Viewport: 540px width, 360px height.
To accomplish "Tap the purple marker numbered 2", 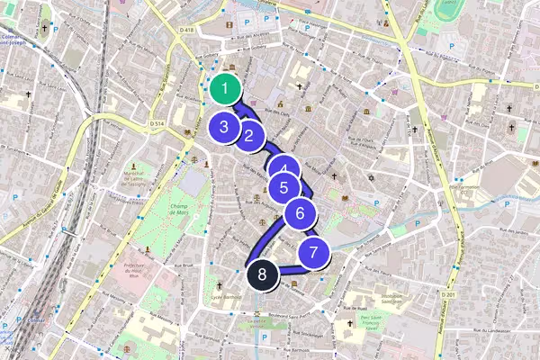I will click(249, 137).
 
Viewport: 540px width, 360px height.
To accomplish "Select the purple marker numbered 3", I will click(223, 126).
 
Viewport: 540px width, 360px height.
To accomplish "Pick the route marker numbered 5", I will click(283, 188).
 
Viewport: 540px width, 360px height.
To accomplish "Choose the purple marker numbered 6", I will click(301, 214).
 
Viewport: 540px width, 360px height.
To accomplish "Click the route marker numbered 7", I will click(313, 253).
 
